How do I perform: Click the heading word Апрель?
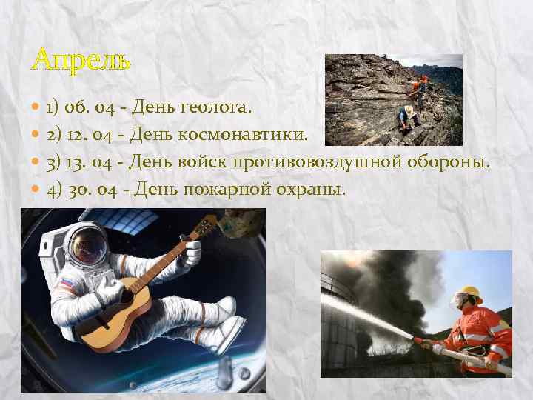pos(81,59)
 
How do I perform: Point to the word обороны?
pos(453,161)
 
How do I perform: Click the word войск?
pos(203,161)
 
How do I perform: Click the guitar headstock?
pos(208,222)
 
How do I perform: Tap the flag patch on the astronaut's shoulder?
pos(65,282)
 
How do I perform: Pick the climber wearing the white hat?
pos(408,113)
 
